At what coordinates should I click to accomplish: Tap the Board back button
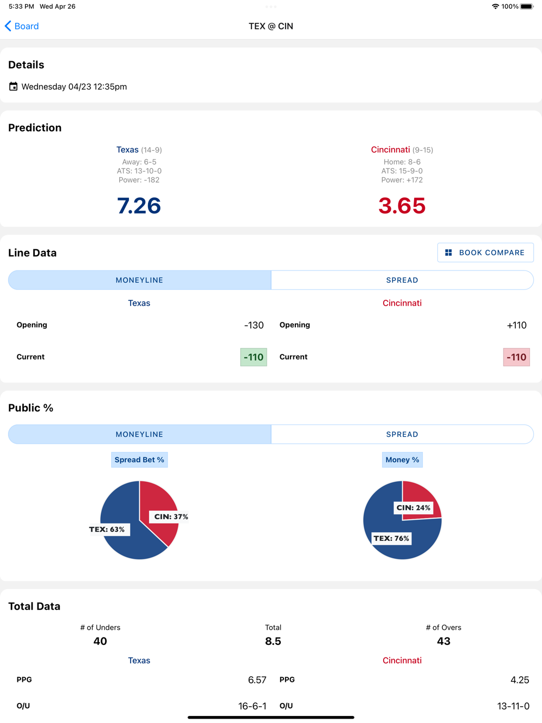pos(22,26)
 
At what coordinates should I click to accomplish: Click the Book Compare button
pos(485,253)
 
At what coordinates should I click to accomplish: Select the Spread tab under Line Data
pos(402,280)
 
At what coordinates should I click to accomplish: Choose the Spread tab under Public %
pos(402,434)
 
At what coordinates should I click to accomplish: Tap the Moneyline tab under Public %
pos(139,434)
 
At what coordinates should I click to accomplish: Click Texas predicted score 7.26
pos(139,206)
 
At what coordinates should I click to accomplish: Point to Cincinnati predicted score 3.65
pos(402,206)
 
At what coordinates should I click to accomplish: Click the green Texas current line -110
pos(254,357)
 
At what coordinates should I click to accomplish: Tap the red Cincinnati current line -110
pos(516,357)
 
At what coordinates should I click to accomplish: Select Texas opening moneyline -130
pos(254,325)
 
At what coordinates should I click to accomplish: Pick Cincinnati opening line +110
pos(517,325)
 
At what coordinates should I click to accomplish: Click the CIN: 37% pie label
pos(171,517)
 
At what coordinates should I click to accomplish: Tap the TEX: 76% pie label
pos(391,538)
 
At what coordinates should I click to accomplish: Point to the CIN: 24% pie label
pos(413,508)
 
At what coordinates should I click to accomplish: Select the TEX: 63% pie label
pos(107,530)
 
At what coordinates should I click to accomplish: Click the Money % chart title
pos(402,460)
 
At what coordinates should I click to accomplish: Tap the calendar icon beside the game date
pos(13,87)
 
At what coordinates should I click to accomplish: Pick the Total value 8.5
pos(273,641)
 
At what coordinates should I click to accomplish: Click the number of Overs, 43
pos(443,641)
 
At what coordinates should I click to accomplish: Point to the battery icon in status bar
pos(527,7)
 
